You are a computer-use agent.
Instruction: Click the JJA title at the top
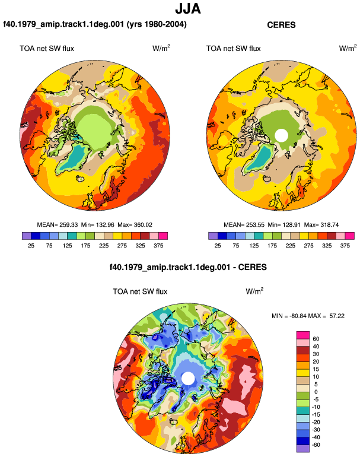[x=188, y=9]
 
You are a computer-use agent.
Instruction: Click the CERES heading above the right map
[x=281, y=25]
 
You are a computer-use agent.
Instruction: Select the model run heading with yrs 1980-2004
[x=95, y=24]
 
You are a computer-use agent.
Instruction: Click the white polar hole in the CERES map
[x=281, y=135]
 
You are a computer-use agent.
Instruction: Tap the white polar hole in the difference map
[x=188, y=378]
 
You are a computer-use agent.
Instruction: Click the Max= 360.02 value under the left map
[x=135, y=225]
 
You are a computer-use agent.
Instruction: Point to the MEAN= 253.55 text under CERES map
[x=244, y=225]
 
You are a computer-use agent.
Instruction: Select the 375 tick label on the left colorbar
[x=158, y=246]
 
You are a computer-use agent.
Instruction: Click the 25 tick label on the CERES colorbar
[x=218, y=246]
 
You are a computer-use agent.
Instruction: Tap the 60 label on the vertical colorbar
[x=316, y=339]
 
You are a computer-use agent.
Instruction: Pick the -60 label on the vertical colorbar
[x=316, y=445]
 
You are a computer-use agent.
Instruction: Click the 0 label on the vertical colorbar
[x=316, y=392]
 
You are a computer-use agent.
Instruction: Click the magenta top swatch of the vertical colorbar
[x=303, y=335]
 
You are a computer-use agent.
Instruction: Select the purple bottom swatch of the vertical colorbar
[x=303, y=449]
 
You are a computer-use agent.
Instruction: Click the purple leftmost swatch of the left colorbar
[x=27, y=236]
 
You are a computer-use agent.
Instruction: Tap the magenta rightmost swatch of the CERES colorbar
[x=350, y=236]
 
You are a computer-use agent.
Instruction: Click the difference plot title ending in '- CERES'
[x=188, y=267]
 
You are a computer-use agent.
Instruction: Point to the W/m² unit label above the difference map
[x=254, y=291]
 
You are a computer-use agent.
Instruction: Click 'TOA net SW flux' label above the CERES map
[x=233, y=49]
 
